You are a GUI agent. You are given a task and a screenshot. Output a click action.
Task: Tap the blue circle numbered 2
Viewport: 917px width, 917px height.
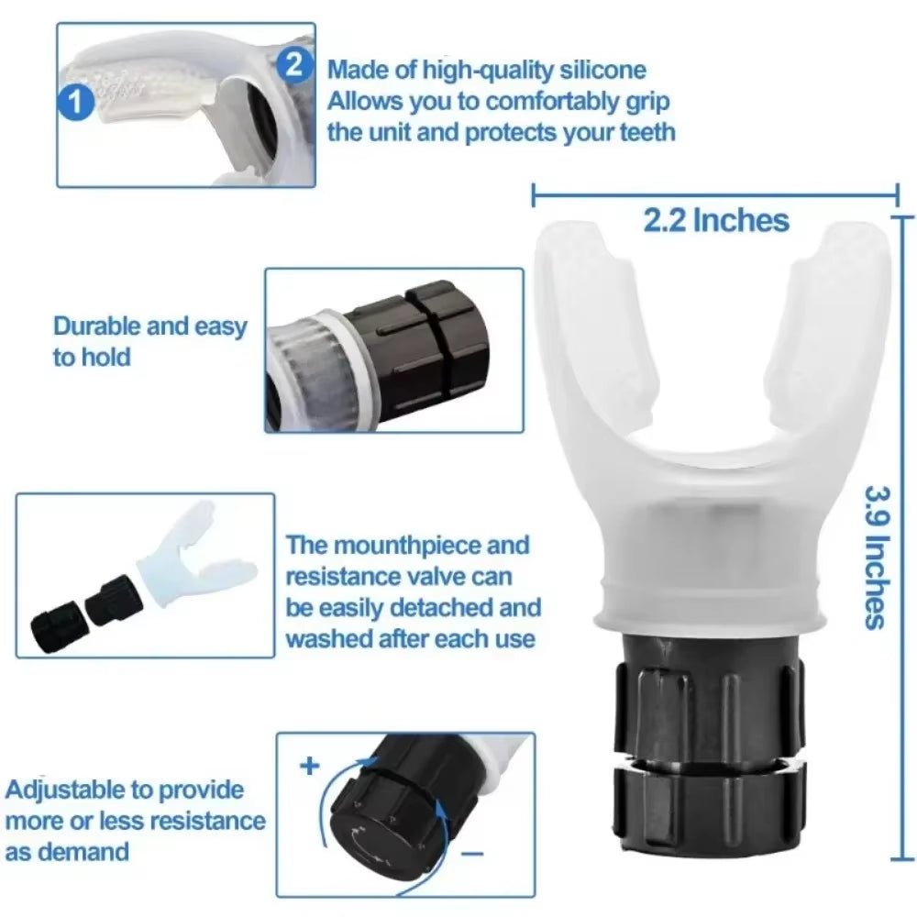point(293,63)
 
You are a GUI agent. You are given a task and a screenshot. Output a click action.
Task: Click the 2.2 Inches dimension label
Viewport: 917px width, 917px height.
point(716,220)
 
